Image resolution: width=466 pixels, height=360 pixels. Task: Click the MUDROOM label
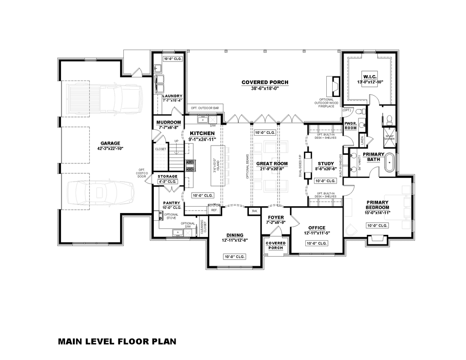point(168,122)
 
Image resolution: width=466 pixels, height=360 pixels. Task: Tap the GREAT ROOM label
point(272,163)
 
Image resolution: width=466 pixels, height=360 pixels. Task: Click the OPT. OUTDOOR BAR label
point(205,108)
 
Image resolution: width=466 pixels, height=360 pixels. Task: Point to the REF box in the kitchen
point(214,210)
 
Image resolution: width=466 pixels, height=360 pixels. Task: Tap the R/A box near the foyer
point(254,211)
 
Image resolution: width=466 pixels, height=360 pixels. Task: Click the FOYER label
point(276,217)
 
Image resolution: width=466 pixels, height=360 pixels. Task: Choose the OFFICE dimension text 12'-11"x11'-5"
point(316,233)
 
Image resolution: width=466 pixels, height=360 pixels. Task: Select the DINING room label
point(235,235)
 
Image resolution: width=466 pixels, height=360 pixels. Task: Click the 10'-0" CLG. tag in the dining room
point(235,257)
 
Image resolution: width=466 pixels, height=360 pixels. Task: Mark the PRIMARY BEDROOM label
point(377,205)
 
